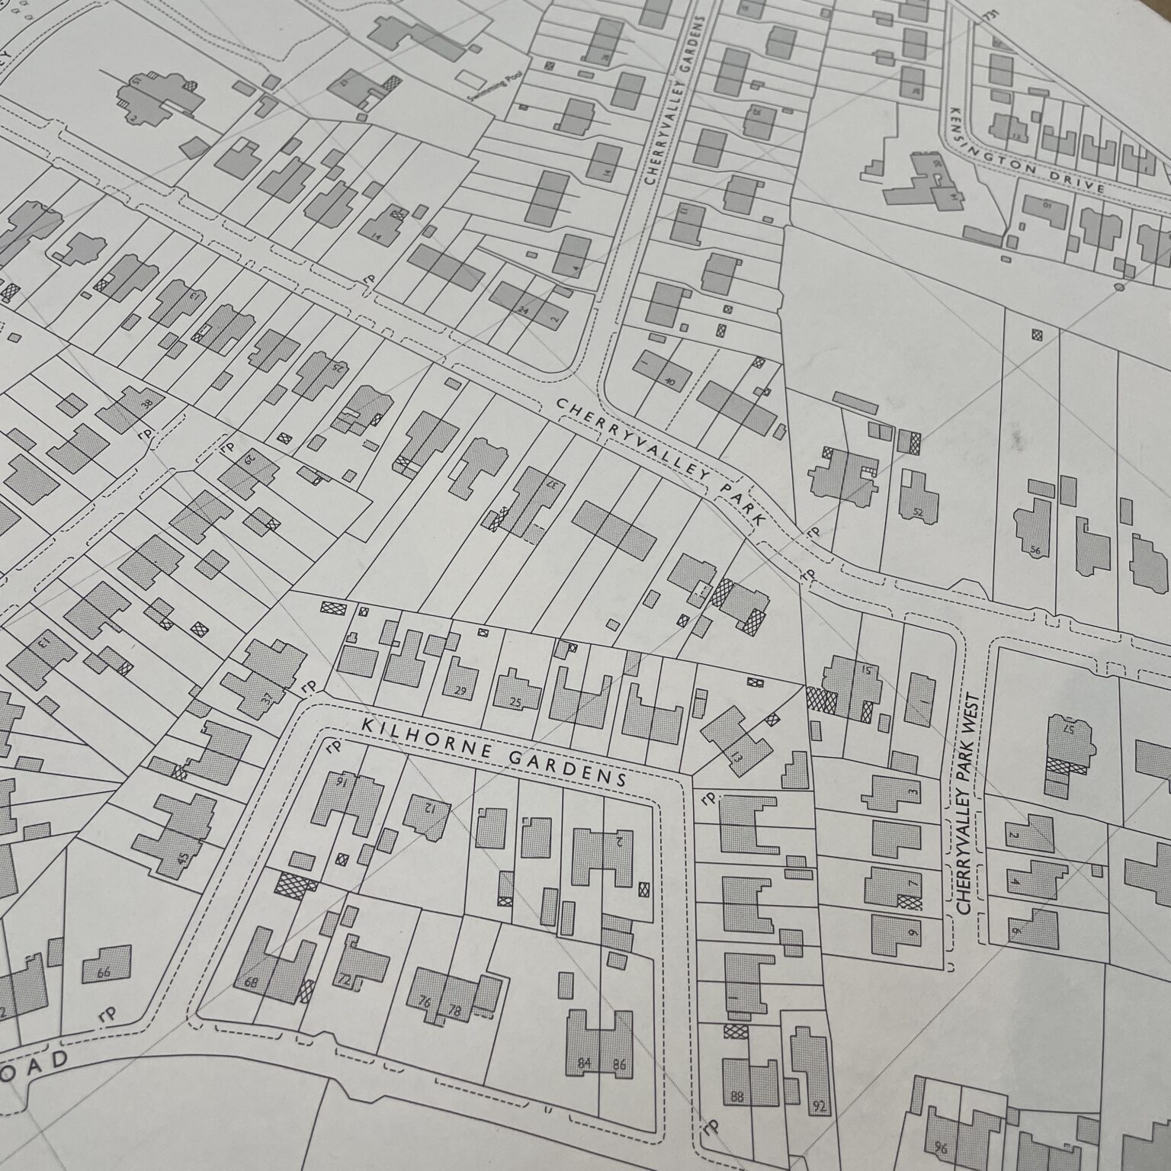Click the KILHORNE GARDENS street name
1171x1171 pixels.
pos(494,749)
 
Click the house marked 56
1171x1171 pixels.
pos(1032,538)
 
